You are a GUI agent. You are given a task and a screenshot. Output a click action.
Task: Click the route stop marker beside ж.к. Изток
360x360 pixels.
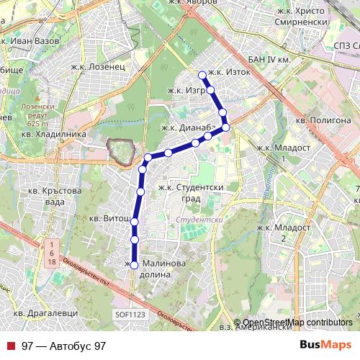tap(202, 75)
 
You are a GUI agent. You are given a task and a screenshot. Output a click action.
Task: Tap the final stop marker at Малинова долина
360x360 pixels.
tap(134, 265)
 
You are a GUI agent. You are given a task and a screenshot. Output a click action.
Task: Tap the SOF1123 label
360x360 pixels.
tap(130, 314)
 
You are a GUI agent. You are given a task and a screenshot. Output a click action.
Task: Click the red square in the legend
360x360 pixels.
tap(10, 346)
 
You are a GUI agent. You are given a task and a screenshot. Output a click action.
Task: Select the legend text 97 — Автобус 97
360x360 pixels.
tap(63, 346)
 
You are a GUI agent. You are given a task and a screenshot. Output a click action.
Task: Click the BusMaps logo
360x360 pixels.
tap(325, 346)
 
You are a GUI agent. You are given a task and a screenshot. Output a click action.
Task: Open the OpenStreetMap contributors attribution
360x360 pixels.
tap(297, 322)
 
